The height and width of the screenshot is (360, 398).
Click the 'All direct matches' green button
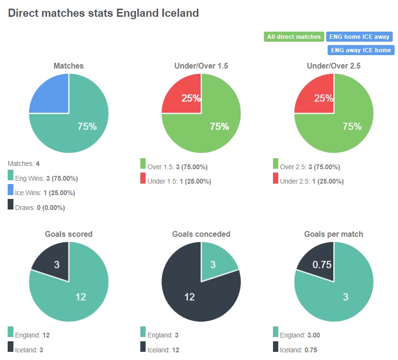[x=294, y=37]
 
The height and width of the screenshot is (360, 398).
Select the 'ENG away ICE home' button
[x=360, y=50]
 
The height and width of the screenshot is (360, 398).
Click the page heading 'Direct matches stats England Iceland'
[x=103, y=13]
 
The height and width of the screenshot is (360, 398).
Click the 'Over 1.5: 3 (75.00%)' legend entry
[x=177, y=167]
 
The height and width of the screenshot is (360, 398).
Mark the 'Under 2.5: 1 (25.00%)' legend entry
[x=311, y=181]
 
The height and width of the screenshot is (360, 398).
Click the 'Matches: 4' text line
[x=23, y=163]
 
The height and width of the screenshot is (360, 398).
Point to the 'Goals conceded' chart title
[x=201, y=234]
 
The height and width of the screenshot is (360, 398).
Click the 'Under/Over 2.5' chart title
[x=333, y=66]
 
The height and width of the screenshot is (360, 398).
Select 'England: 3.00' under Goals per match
[x=299, y=335]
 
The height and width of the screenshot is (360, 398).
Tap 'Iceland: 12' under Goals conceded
[x=163, y=350]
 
